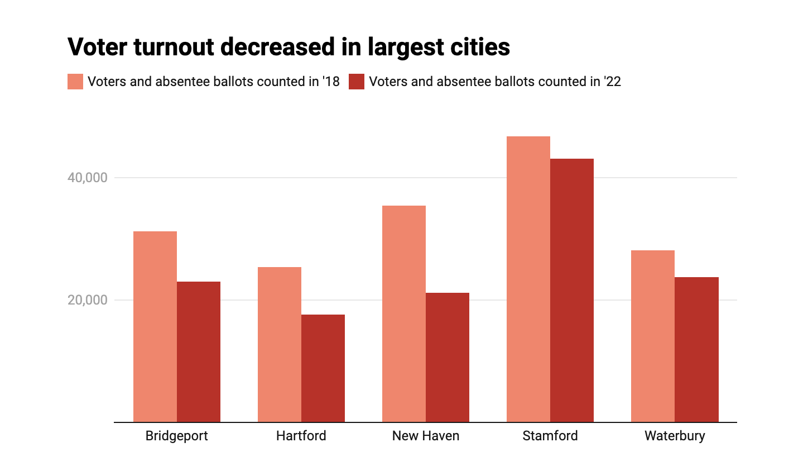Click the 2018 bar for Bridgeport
(155, 327)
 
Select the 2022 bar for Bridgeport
(199, 352)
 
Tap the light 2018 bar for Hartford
(280, 345)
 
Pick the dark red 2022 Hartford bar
(323, 368)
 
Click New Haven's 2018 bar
(404, 314)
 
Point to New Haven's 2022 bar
(448, 358)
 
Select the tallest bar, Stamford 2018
(528, 279)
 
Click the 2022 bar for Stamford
(572, 291)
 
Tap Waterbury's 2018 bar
(653, 336)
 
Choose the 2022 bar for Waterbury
(696, 350)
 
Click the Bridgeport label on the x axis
(176, 436)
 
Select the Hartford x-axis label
(301, 436)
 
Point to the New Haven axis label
(426, 436)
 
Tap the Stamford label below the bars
(550, 436)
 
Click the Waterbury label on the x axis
(675, 436)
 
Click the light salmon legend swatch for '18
(75, 82)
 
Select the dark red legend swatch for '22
(357, 82)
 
